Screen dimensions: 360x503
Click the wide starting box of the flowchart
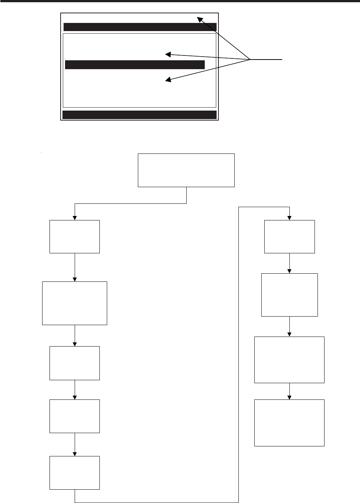pyautogui.click(x=186, y=170)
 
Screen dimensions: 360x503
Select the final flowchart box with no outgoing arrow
pyautogui.click(x=289, y=422)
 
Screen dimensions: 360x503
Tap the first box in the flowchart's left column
pyautogui.click(x=75, y=237)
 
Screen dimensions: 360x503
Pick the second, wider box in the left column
pyautogui.click(x=75, y=303)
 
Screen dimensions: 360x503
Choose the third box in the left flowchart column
pyautogui.click(x=75, y=363)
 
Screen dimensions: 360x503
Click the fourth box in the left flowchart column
pyautogui.click(x=75, y=416)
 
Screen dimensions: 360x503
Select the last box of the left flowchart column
pyautogui.click(x=75, y=473)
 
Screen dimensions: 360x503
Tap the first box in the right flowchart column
pyautogui.click(x=289, y=237)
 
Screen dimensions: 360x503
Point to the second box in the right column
pyautogui.click(x=289, y=295)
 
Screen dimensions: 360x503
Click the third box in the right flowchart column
pyautogui.click(x=289, y=359)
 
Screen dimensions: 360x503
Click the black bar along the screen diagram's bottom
pyautogui.click(x=139, y=115)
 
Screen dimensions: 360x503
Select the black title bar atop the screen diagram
pyautogui.click(x=140, y=27)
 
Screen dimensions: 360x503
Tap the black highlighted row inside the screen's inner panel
pyautogui.click(x=135, y=65)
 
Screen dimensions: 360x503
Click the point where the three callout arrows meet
pyautogui.click(x=250, y=59)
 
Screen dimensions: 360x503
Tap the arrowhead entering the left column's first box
pyautogui.click(x=75, y=217)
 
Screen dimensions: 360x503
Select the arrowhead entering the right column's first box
pyautogui.click(x=289, y=217)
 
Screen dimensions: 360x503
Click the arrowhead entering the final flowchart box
pyautogui.click(x=289, y=396)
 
